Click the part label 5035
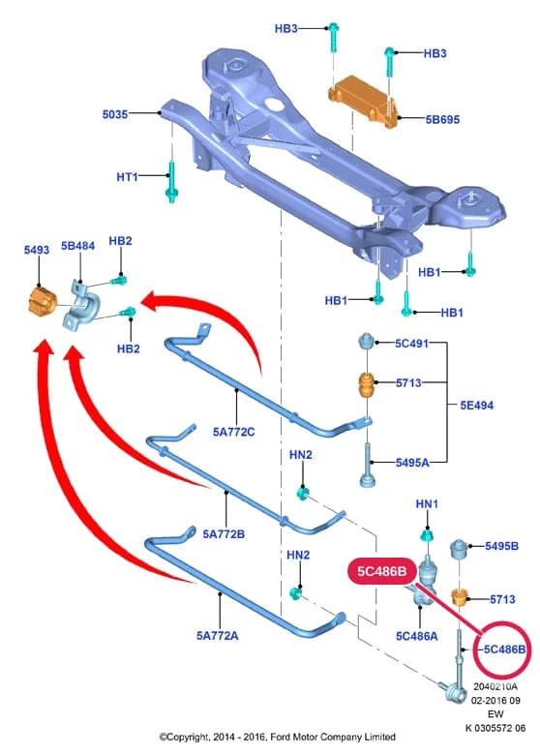(x=115, y=114)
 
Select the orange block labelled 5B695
(x=363, y=102)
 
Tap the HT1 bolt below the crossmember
(x=172, y=182)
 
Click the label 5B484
(x=77, y=246)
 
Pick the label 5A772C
(x=234, y=432)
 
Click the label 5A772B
(x=224, y=533)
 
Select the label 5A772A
(x=218, y=635)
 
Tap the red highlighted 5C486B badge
(x=382, y=571)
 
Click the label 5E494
(x=477, y=405)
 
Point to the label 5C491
(x=411, y=344)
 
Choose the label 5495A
(x=412, y=463)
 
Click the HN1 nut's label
(x=427, y=504)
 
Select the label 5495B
(x=502, y=546)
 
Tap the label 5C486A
(x=417, y=636)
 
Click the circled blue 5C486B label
(x=505, y=650)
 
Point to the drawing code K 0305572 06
(x=495, y=728)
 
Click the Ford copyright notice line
(x=278, y=737)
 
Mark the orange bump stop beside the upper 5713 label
(x=367, y=383)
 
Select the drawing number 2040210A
(x=495, y=686)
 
